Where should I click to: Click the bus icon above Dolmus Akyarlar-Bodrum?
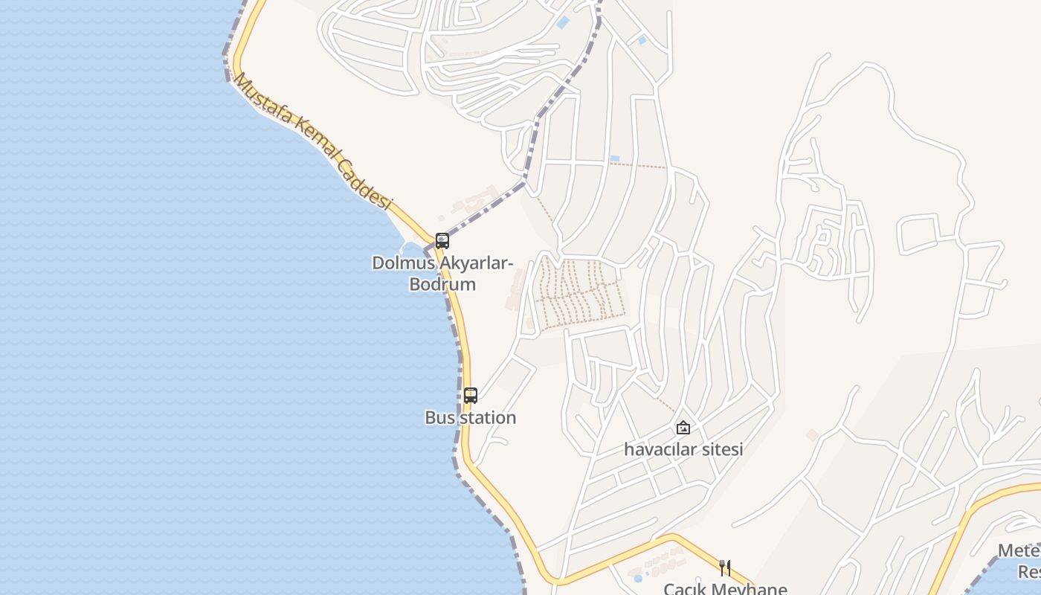point(442,241)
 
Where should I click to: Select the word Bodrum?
point(442,284)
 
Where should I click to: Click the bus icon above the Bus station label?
point(471,396)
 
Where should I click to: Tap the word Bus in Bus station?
point(439,418)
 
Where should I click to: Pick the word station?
point(487,418)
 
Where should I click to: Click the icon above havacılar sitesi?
point(683,428)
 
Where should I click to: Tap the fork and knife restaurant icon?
point(725,568)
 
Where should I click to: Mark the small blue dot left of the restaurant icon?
point(638,578)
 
